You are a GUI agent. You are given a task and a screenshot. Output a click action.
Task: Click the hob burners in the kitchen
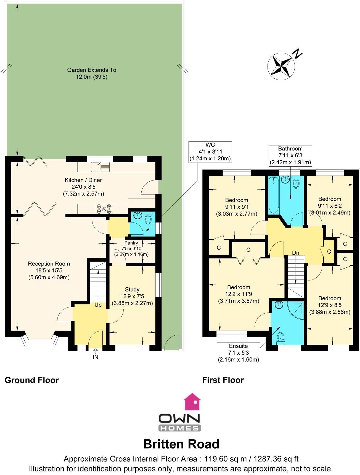point(104,209)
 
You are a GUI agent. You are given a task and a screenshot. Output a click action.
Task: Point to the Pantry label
point(131,243)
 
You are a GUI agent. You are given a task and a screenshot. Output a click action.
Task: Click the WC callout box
point(210,152)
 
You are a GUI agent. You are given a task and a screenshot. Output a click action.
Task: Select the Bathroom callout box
point(290,155)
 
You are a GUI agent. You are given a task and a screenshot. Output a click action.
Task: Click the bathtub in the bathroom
point(274,196)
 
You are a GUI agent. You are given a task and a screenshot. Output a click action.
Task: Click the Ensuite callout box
point(238,353)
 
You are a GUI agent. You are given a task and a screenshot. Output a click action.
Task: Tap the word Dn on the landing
point(296,253)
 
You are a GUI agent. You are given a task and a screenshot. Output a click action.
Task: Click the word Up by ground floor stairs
point(98,305)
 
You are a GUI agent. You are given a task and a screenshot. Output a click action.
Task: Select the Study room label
point(132,290)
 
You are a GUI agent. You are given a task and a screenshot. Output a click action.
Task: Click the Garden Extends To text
point(92,70)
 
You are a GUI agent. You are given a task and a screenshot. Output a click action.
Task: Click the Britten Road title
point(181,444)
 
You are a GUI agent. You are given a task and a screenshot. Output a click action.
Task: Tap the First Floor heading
point(223,380)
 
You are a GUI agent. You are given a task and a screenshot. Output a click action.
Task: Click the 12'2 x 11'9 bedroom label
point(239,294)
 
